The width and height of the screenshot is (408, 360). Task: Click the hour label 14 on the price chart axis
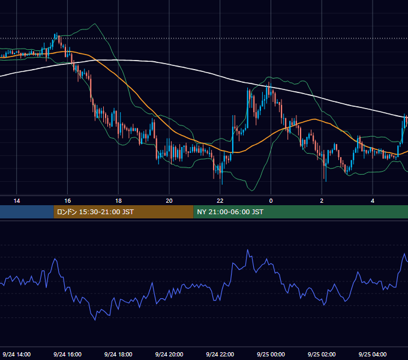click(x=17, y=201)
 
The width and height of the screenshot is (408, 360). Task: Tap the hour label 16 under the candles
click(x=67, y=201)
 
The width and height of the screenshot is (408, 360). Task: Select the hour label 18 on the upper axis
click(x=118, y=201)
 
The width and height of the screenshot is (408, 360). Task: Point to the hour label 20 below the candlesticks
click(x=169, y=201)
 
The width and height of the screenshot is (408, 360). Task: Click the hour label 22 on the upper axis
click(x=220, y=201)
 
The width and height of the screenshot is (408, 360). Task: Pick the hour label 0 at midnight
click(x=271, y=201)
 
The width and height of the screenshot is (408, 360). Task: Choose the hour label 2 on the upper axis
click(x=322, y=201)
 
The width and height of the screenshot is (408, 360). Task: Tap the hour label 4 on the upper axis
click(x=373, y=201)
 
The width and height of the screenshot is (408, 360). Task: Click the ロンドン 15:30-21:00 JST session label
click(x=95, y=212)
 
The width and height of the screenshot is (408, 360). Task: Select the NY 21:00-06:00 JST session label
click(x=230, y=212)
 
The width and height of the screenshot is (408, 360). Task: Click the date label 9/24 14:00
click(x=17, y=354)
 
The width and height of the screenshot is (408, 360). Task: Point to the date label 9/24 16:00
click(x=67, y=354)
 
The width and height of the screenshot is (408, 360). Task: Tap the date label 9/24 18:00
click(x=118, y=354)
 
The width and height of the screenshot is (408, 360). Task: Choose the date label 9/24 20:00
click(x=169, y=354)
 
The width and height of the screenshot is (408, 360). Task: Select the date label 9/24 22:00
click(x=220, y=354)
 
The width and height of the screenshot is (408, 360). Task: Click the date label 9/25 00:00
click(x=271, y=354)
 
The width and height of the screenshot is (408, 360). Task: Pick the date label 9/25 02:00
click(x=322, y=354)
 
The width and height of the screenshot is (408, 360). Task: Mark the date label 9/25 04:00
click(x=373, y=354)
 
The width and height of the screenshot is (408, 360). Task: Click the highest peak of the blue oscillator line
click(x=247, y=250)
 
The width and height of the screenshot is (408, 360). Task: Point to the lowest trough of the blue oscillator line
click(x=95, y=320)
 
